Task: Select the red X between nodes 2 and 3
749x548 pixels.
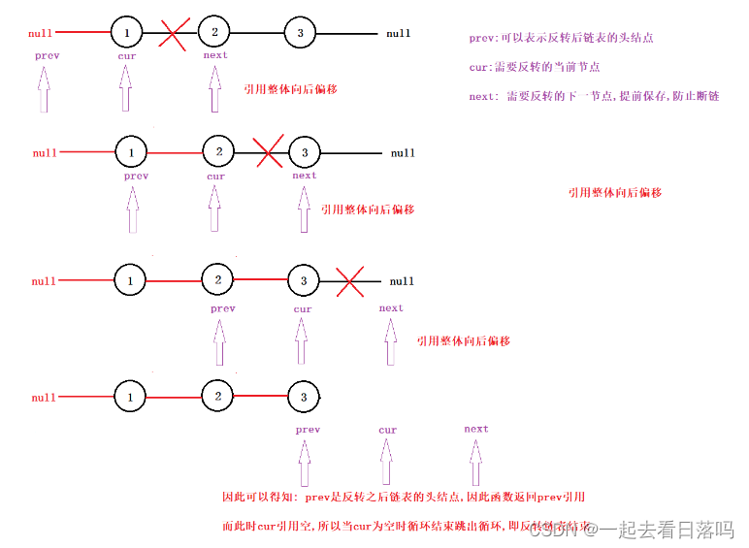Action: [268, 151]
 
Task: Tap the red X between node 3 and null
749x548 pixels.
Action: [350, 281]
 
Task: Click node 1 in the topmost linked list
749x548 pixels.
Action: [127, 33]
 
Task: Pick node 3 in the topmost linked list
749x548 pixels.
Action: [301, 34]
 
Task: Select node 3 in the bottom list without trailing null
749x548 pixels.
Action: [304, 397]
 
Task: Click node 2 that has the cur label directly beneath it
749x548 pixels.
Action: [218, 152]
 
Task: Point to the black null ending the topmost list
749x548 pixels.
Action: [399, 34]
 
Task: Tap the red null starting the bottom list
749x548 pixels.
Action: [44, 398]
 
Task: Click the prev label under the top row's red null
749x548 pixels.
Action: [47, 55]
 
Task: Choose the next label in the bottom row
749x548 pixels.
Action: [476, 429]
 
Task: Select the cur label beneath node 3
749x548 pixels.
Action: [303, 309]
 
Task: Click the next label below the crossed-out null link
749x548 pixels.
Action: [391, 308]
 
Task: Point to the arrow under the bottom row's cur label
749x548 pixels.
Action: [388, 463]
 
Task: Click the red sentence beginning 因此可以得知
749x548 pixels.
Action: [404, 498]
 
